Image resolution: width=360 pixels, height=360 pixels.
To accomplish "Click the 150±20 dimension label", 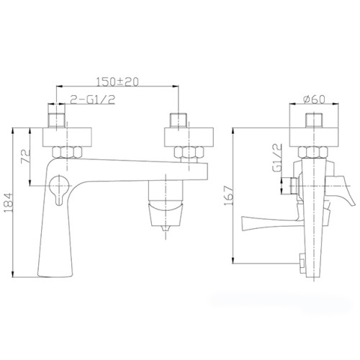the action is [117, 82].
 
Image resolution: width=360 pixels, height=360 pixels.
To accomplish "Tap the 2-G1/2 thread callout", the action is [92, 99].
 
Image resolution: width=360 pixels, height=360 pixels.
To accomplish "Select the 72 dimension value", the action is [26, 156].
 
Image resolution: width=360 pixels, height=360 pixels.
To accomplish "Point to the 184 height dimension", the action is [9, 203].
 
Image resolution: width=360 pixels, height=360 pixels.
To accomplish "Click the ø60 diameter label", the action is [314, 99].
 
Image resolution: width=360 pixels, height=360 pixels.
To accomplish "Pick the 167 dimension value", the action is [228, 195].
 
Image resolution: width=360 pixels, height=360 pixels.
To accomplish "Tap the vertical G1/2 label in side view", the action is [277, 158].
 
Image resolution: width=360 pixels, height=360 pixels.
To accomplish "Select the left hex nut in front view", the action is [67, 152].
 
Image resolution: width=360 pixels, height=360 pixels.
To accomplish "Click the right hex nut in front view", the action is [189, 152].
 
